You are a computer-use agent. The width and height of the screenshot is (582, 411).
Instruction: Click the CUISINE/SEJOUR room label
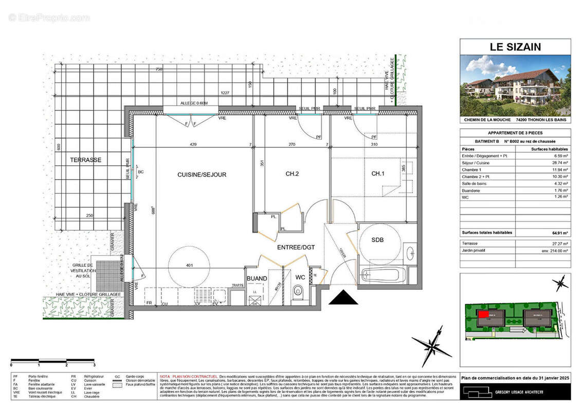click(x=202, y=175)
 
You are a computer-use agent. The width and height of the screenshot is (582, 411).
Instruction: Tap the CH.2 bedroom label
click(x=292, y=174)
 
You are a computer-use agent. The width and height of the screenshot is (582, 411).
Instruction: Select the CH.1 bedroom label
click(x=378, y=174)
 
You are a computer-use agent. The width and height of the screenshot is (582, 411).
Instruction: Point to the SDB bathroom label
click(x=377, y=240)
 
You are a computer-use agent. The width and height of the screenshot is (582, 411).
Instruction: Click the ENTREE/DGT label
click(x=295, y=248)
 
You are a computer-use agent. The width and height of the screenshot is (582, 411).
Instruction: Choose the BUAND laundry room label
click(x=257, y=278)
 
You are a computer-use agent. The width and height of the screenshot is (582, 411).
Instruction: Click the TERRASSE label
click(x=86, y=160)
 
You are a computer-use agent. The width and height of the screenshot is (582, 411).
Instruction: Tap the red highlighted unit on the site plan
click(x=483, y=313)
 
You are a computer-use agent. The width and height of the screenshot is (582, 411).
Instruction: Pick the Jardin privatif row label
click(x=476, y=251)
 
